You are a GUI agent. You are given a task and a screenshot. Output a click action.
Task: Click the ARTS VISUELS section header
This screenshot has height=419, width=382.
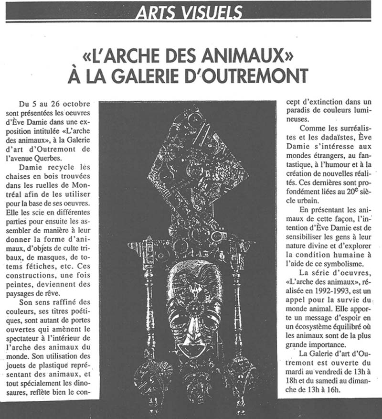pyautogui.click(x=188, y=12)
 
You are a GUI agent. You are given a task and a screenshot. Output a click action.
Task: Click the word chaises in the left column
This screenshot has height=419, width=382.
pyautogui.click(x=30, y=177)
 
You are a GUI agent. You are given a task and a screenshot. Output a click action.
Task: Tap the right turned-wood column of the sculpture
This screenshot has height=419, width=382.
pyautogui.click(x=237, y=306)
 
